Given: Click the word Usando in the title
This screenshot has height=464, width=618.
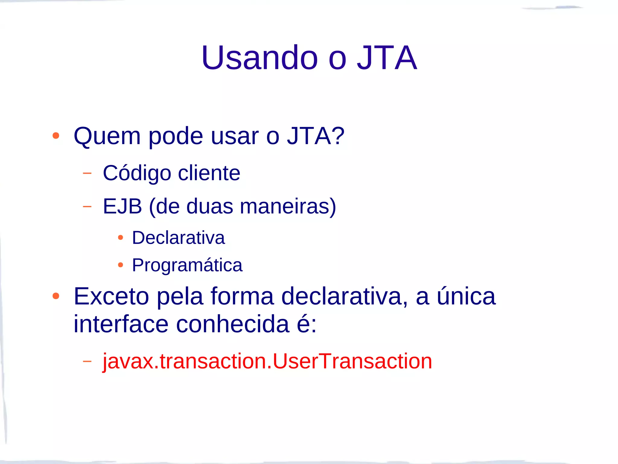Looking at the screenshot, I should point(260,58).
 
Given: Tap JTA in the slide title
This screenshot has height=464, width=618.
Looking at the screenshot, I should point(387,58).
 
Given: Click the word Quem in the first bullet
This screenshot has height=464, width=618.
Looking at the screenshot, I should point(107,136).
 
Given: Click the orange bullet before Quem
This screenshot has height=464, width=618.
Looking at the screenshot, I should point(56,136).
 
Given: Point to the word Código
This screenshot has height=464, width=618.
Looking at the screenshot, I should point(137,173).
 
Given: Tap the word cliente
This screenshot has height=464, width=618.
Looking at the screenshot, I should point(209,173).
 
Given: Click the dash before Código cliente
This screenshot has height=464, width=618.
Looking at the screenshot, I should point(87,173).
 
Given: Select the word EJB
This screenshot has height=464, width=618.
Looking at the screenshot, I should point(122,207).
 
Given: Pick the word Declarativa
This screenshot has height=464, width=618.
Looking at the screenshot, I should point(178,238).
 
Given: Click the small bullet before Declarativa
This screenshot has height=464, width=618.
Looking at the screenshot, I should point(120,238).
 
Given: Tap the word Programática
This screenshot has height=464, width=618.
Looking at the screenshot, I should point(187,265).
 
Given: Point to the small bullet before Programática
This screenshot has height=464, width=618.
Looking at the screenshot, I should point(120,265).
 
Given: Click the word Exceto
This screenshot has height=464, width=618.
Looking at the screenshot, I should point(111,296).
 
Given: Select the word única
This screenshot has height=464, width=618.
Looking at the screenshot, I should point(466,296).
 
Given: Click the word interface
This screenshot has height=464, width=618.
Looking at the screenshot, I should point(121,324).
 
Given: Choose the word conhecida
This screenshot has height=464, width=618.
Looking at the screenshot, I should point(233,324).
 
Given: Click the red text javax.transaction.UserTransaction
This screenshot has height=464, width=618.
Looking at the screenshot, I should point(267,361).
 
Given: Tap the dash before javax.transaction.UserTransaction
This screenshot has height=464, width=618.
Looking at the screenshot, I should point(87,361).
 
